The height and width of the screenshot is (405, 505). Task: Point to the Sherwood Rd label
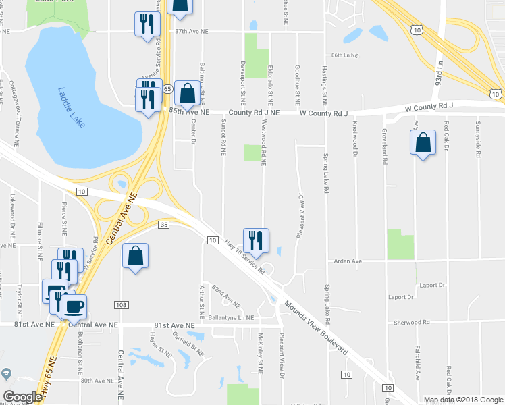(413, 323)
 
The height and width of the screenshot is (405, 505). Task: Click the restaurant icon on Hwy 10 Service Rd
(256, 240)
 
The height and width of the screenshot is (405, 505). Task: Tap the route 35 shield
(163, 224)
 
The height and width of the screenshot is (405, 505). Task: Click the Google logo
(22, 397)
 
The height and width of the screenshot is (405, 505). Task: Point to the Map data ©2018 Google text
(463, 400)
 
